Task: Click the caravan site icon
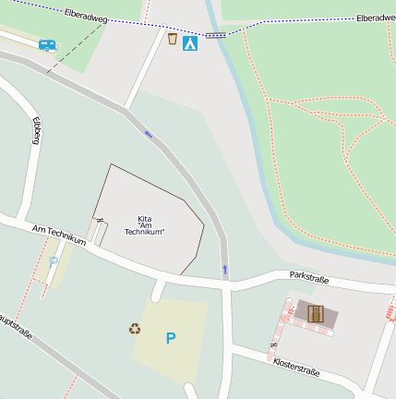47,44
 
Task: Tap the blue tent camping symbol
190,42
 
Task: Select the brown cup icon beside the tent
173,39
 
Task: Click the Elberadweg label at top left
86,15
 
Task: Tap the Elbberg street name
37,130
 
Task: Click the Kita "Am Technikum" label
144,224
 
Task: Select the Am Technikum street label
58,235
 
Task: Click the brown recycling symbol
135,328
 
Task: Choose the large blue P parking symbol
170,339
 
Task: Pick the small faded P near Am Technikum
53,261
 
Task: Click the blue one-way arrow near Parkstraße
224,270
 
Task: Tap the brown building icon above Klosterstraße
316,313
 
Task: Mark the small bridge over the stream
215,35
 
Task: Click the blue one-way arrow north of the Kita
149,135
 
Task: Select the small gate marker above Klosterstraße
271,344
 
